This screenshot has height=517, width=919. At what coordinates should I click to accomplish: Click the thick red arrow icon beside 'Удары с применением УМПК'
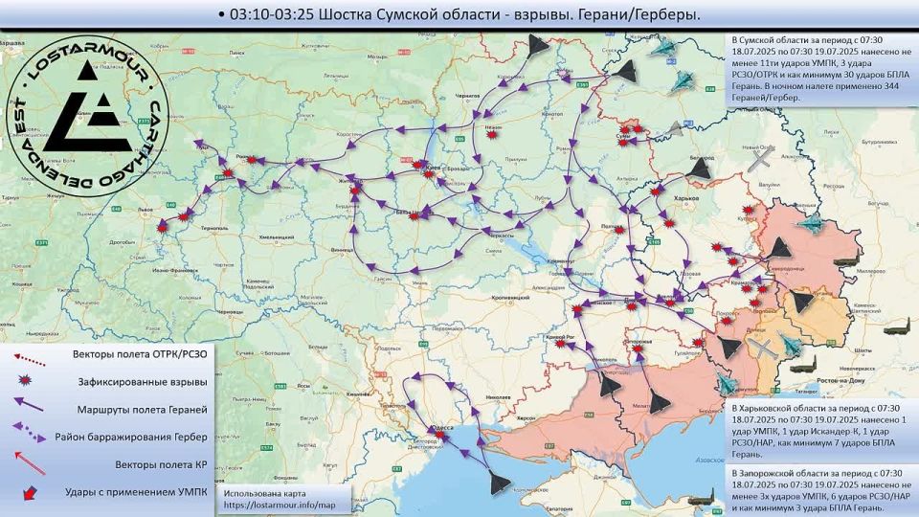(x=31, y=492)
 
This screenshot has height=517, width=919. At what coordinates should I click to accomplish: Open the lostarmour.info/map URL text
(x=280, y=505)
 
